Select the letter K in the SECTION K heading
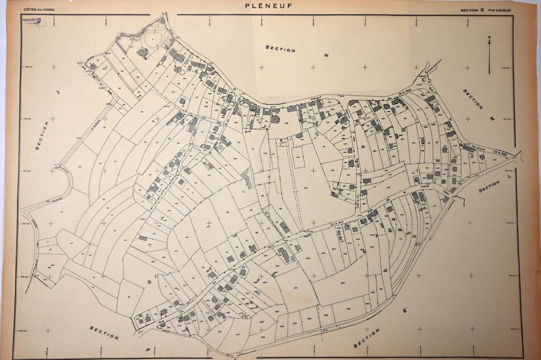pyautogui.click(x=481, y=9)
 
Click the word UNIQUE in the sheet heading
pyautogui.click(x=503, y=9)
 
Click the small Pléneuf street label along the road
pyautogui.click(x=314, y=99)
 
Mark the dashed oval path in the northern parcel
pyautogui.click(x=149, y=40)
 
